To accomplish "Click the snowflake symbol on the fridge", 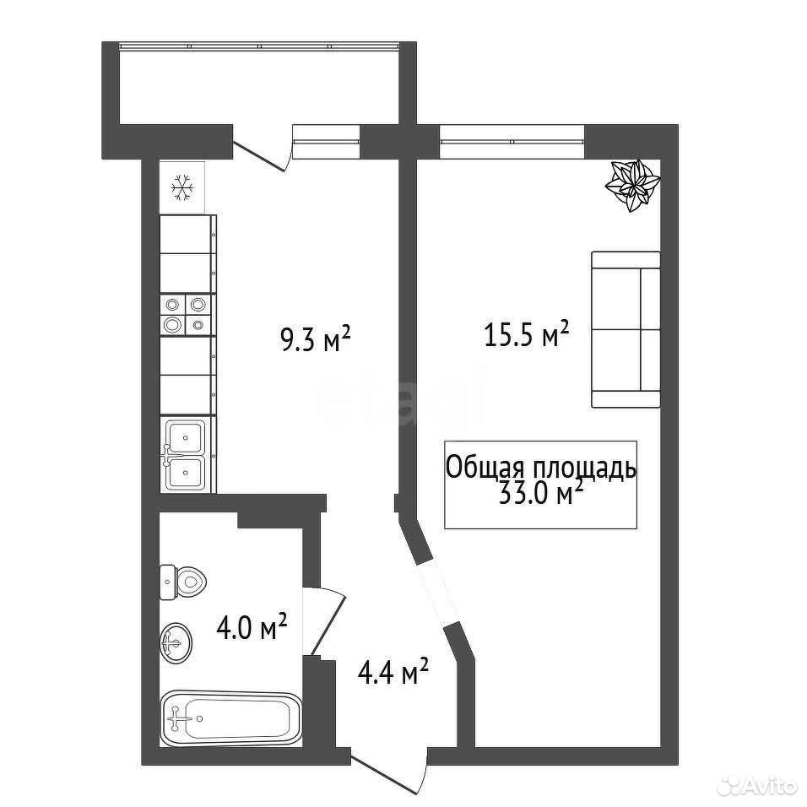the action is tap(181, 187).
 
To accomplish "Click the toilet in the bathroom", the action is tap(182, 582).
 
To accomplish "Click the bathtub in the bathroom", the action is tap(230, 717).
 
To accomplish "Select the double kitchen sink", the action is tap(185, 453).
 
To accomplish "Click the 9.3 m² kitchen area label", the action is tap(316, 340).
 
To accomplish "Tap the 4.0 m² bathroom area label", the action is tap(251, 626).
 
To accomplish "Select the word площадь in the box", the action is tap(584, 469).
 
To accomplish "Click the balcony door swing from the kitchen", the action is tap(263, 154).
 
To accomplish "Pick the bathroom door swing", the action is tap(323, 622).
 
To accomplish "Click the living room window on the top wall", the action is tap(512, 141).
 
